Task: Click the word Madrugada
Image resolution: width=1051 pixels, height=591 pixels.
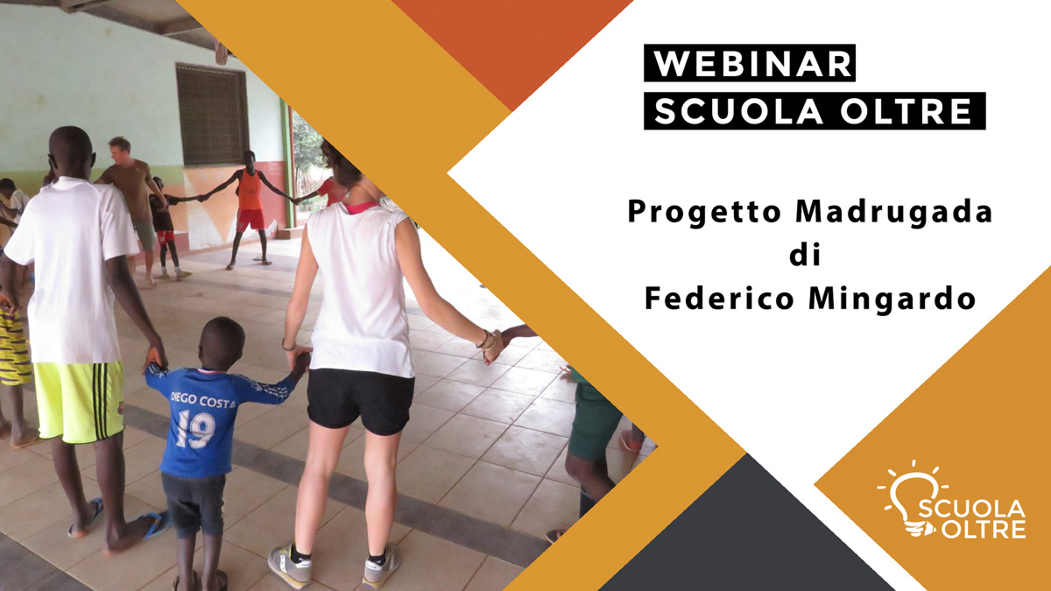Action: [x=894, y=212]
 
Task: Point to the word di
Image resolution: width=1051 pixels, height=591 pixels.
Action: [x=805, y=255]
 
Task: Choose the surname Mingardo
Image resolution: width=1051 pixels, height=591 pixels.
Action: [x=892, y=299]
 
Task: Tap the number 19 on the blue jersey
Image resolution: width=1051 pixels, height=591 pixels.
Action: [x=195, y=429]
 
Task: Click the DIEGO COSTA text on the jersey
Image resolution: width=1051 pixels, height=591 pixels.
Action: [x=202, y=400]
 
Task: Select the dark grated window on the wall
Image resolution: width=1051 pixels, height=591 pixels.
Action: [x=212, y=115]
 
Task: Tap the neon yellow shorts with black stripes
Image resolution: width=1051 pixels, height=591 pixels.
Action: [x=80, y=401]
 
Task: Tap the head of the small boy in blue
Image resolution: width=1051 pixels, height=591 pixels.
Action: [x=222, y=343]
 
